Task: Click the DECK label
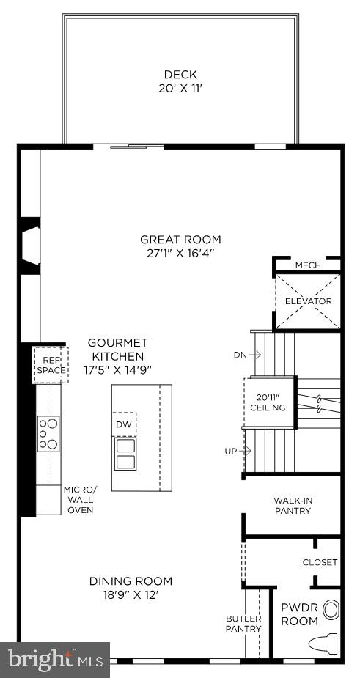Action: coord(180,74)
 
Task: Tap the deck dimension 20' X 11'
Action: coord(180,87)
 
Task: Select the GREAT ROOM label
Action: coord(180,239)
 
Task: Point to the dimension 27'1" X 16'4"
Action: coord(180,254)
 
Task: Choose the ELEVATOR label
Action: coord(308,301)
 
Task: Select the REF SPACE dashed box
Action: coord(51,365)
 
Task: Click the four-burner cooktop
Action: coord(48,433)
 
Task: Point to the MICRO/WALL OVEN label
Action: coord(80,499)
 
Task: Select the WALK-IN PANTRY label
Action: coord(293,506)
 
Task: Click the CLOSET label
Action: coord(320,562)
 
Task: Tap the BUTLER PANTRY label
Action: coord(243,624)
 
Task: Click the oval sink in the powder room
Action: coord(332,609)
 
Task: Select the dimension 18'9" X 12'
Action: coord(131,594)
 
